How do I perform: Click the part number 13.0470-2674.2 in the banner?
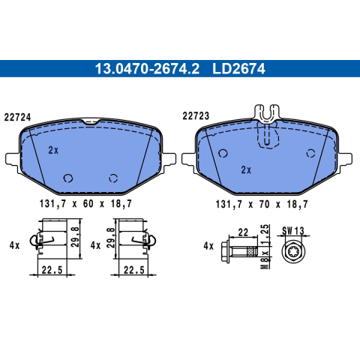[x=147, y=69]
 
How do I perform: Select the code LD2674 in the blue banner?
[x=238, y=69]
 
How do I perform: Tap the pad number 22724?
[x=17, y=117]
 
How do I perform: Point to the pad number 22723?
[x=196, y=116]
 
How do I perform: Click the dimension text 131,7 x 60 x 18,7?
[x=85, y=204]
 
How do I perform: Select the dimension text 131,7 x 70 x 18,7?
[x=262, y=205]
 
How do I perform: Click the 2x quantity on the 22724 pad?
[x=53, y=150]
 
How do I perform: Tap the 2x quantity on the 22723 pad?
[x=246, y=170]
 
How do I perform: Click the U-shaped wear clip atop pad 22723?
[x=267, y=114]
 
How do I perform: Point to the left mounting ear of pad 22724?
[x=12, y=159]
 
